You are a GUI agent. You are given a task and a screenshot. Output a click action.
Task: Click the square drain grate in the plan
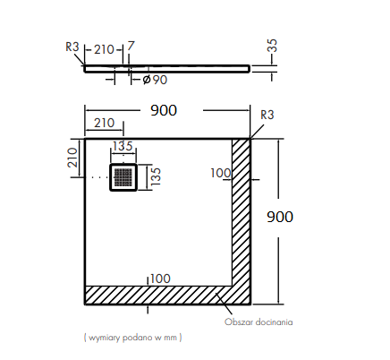tap(123, 177)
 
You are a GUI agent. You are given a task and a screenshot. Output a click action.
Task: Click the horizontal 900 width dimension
tap(164, 110)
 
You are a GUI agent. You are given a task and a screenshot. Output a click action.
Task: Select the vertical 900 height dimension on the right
tap(280, 217)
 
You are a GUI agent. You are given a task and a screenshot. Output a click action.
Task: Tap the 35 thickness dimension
tap(273, 46)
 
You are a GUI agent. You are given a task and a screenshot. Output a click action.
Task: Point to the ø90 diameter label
tap(155, 80)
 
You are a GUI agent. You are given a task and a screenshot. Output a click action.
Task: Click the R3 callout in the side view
tap(72, 47)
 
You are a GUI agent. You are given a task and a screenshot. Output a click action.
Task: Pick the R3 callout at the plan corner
tap(267, 115)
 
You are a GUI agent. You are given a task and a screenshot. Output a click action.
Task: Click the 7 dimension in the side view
tap(131, 47)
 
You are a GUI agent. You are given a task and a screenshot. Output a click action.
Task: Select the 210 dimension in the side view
tap(104, 49)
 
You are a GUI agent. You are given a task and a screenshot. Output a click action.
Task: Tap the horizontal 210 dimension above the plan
tap(105, 123)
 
